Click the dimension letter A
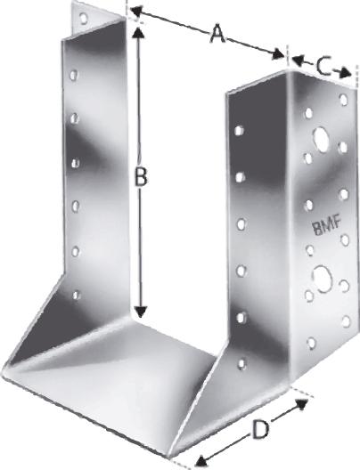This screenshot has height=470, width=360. tap(215, 35)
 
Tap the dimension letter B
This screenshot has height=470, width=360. tap(140, 177)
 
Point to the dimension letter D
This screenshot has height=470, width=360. tap(259, 429)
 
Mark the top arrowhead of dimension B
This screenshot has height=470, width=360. tap(138, 30)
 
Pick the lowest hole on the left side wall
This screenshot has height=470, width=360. tap(77, 295)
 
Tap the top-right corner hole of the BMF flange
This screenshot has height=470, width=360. tap(343, 100)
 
